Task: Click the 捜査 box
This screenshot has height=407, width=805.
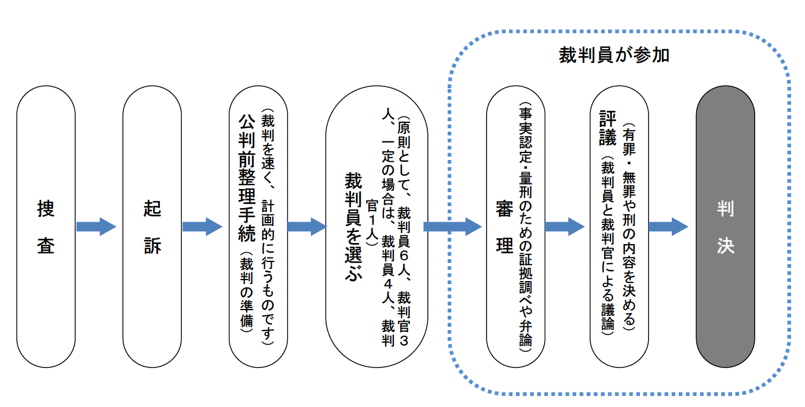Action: pyautogui.click(x=46, y=227)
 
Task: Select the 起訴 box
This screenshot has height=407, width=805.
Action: pyautogui.click(x=152, y=227)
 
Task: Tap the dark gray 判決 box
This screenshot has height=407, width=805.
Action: pyautogui.click(x=725, y=227)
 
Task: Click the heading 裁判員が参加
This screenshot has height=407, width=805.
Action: pyautogui.click(x=614, y=55)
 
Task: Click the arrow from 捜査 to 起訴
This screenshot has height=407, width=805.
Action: pyautogui.click(x=96, y=226)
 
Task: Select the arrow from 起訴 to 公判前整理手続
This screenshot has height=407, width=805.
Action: pyautogui.click(x=202, y=226)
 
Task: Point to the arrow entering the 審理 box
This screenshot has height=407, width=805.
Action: pyautogui.click(x=452, y=226)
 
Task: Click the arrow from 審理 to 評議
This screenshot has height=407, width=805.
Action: pyautogui.click(x=565, y=226)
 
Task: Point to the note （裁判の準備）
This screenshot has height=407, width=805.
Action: pyautogui.click(x=246, y=293)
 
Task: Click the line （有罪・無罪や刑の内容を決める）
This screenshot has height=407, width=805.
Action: pyautogui.click(x=628, y=226)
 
